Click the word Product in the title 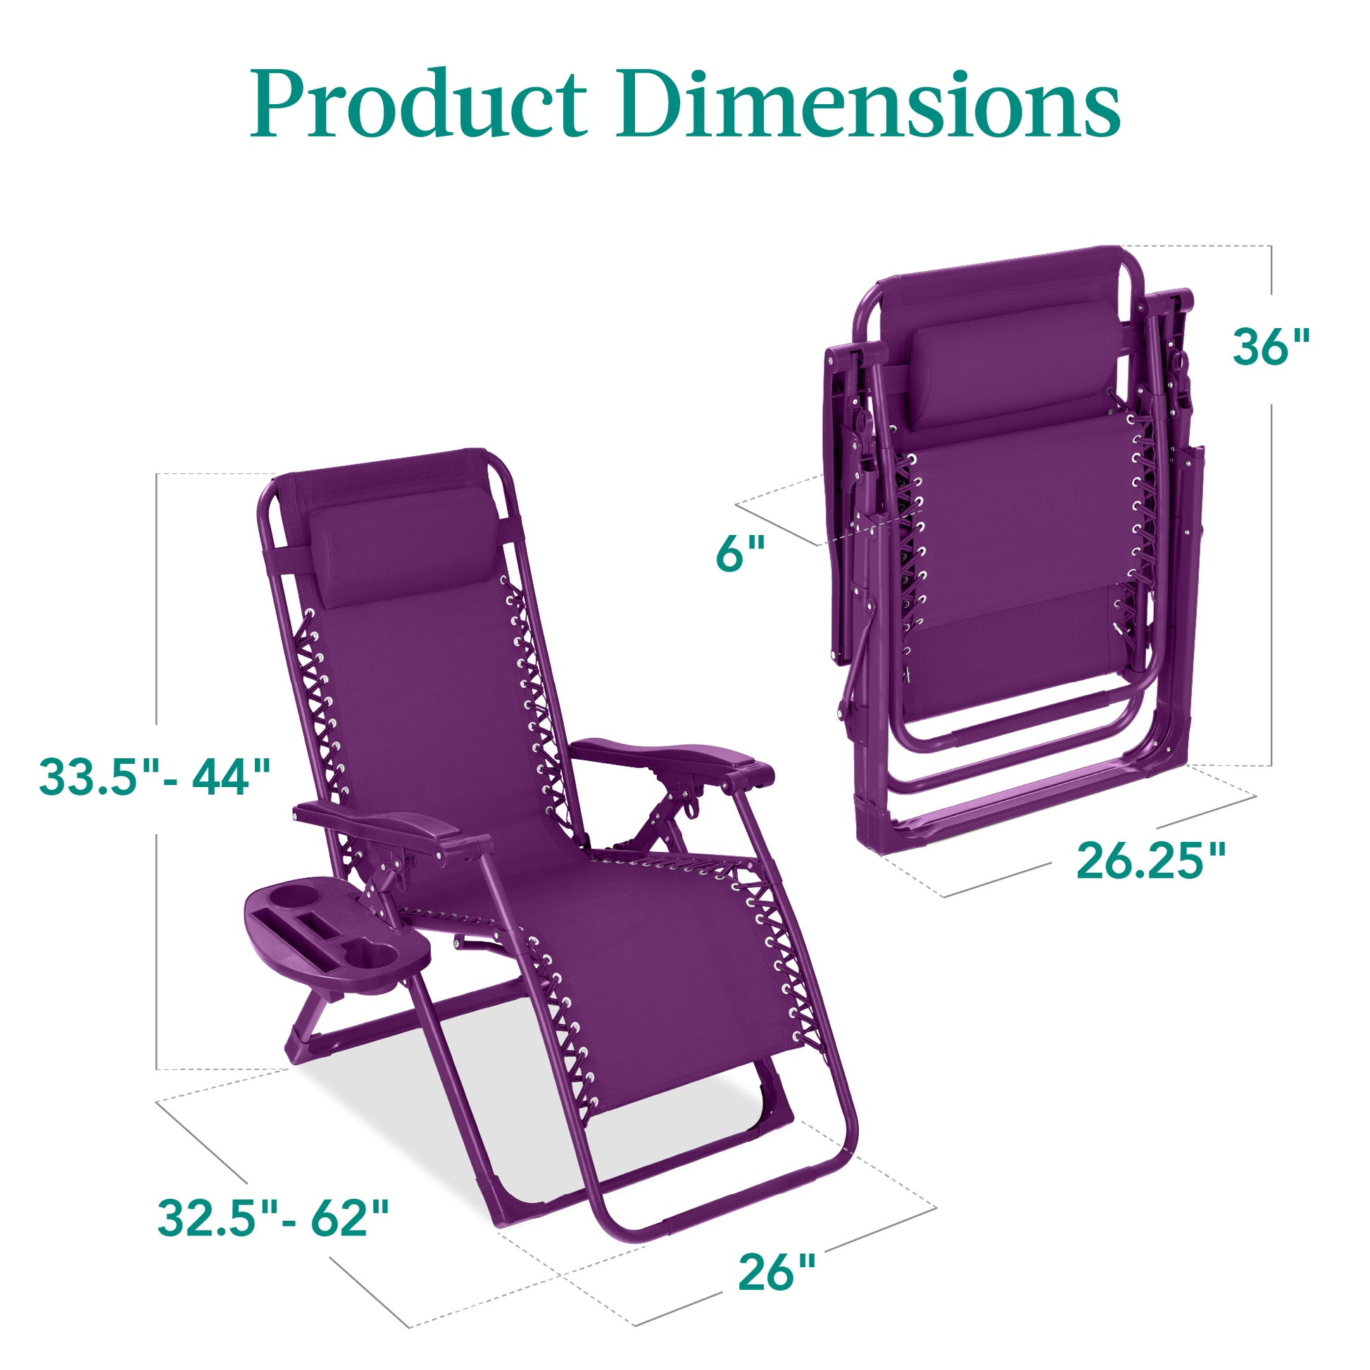418,105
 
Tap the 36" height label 1270,348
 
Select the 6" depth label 741,554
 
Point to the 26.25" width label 1150,861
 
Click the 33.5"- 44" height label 155,776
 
